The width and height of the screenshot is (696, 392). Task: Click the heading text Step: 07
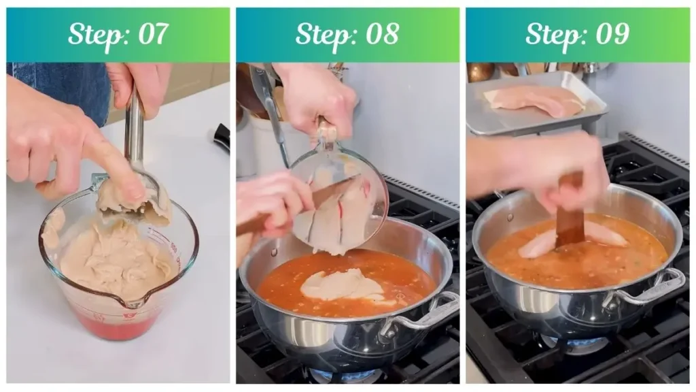click(x=118, y=34)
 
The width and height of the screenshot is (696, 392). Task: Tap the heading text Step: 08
click(x=347, y=34)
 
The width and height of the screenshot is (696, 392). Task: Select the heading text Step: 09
click(x=577, y=34)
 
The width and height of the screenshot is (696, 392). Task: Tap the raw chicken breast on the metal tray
click(x=534, y=99)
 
